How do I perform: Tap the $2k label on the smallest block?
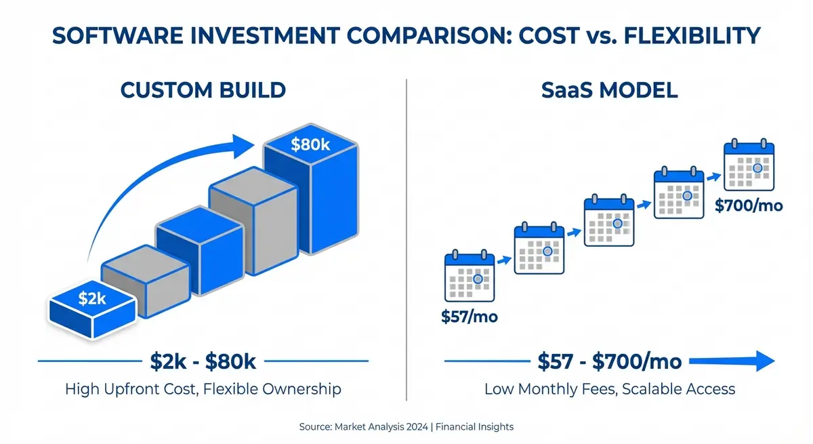tap(91, 298)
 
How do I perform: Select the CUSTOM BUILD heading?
tap(203, 89)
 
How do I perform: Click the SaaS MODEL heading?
tap(610, 89)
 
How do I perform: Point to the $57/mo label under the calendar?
tap(469, 316)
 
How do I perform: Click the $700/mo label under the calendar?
tap(749, 205)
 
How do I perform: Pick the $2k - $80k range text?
tap(203, 362)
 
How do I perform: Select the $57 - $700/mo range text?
tap(609, 362)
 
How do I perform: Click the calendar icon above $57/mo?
tap(468, 277)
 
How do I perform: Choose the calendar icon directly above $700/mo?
tap(749, 166)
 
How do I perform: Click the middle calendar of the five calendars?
tap(608, 222)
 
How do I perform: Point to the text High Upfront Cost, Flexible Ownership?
tap(203, 389)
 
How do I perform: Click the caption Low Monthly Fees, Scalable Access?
tap(609, 389)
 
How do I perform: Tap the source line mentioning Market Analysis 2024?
tap(406, 427)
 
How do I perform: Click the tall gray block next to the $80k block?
tap(252, 227)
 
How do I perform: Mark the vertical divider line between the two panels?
tap(406, 237)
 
